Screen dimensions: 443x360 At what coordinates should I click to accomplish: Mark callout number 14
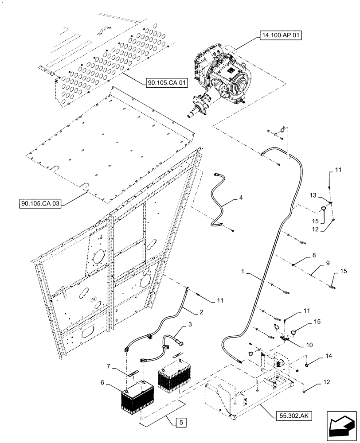click(x=329, y=355)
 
